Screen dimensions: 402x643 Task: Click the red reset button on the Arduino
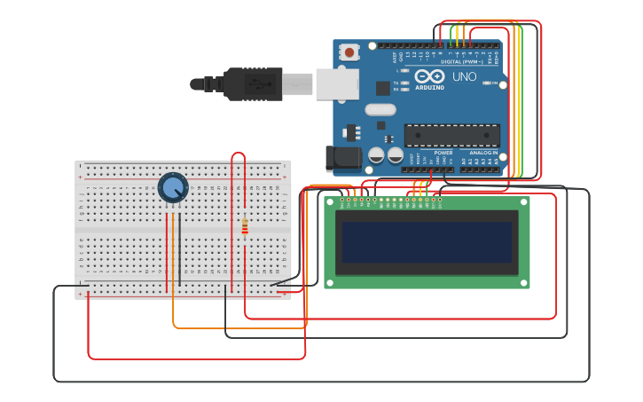(x=349, y=52)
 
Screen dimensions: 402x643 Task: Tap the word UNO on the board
(x=465, y=77)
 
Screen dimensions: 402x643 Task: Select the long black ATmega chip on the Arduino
(x=451, y=135)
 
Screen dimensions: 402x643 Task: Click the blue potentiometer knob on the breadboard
(x=173, y=187)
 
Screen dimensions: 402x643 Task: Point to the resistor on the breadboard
(x=245, y=227)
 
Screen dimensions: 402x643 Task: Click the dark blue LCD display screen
(x=427, y=242)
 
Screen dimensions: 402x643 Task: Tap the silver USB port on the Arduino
(x=337, y=83)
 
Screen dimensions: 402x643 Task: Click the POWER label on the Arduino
(x=443, y=153)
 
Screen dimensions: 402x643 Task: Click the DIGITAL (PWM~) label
(x=461, y=61)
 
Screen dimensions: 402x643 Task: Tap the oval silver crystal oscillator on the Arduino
(x=380, y=110)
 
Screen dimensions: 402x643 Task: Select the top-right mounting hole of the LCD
(x=523, y=202)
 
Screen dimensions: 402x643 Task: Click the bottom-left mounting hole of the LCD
(x=331, y=282)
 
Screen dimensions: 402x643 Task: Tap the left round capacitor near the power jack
(x=376, y=155)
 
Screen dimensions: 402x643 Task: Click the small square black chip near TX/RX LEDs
(x=382, y=88)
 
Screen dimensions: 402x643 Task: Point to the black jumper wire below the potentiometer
(x=180, y=248)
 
